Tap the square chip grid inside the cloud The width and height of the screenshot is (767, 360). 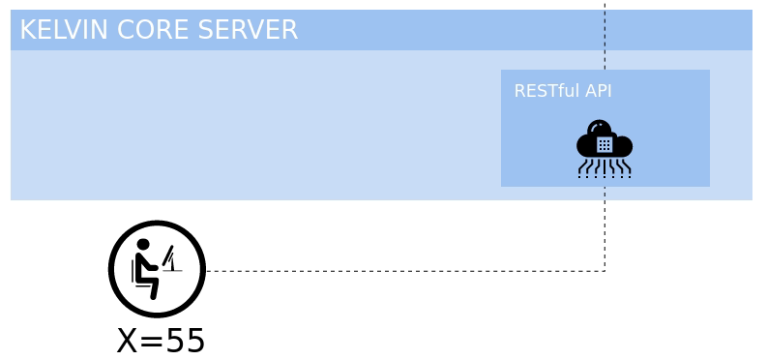tap(605, 145)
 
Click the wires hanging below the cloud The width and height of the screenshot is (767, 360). tap(605, 168)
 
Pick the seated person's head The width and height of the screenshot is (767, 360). tap(143, 245)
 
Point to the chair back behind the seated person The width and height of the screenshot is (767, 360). tap(133, 270)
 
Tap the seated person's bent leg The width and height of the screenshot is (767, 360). tap(151, 284)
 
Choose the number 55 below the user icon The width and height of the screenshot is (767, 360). tap(185, 341)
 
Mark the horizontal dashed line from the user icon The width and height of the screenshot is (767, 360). tap(406, 271)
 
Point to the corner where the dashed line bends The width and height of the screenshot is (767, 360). tap(605, 271)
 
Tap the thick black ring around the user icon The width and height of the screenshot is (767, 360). tap(110, 269)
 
